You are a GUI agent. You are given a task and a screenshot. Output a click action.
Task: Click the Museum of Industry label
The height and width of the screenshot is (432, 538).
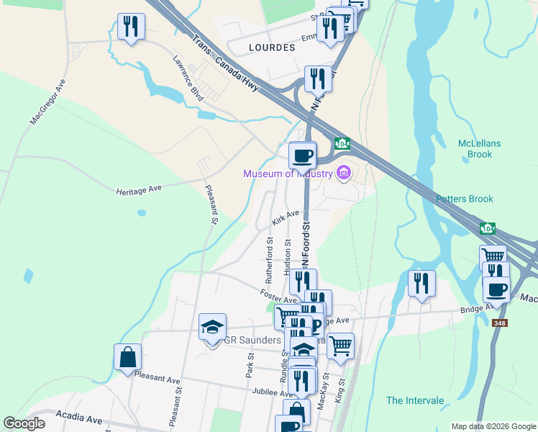tap(287, 174)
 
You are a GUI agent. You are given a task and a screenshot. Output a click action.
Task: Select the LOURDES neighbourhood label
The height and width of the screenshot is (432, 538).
tap(271, 48)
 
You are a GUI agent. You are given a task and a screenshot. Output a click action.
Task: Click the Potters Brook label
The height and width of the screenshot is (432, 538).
tap(464, 199)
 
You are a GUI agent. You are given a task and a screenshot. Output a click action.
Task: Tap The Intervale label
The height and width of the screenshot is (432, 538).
tap(415, 400)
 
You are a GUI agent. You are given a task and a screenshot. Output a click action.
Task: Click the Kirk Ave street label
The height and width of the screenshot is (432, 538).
tap(286, 216)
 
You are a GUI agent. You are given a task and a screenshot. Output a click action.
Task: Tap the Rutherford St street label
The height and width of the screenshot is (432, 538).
tap(270, 259)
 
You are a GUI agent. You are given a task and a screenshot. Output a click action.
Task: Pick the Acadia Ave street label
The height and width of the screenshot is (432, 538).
tap(79, 418)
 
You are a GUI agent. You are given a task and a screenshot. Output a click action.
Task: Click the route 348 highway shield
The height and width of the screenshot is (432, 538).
tap(500, 323)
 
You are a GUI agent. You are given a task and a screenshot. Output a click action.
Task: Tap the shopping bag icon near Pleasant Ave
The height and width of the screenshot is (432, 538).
tap(127, 357)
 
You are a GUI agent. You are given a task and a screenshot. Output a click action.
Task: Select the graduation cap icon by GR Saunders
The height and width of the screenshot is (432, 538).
tap(212, 327)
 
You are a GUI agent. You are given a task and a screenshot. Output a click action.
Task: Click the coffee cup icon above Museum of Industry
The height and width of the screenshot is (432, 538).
tap(303, 154)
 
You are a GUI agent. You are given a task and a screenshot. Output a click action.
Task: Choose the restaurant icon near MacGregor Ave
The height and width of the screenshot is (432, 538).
tap(131, 27)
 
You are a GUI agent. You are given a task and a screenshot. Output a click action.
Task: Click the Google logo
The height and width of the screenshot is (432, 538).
tap(24, 423)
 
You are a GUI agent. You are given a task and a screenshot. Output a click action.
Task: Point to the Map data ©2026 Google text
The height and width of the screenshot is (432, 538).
tap(493, 426)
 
